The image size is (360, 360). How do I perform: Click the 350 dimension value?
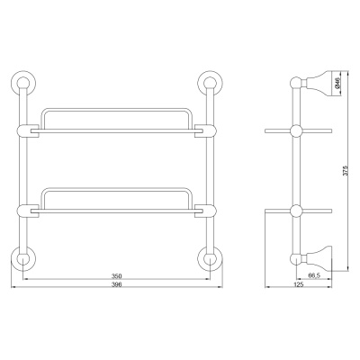(x=116, y=275)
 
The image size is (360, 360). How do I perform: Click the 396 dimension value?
(x=116, y=284)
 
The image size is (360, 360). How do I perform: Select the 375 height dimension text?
(x=345, y=171)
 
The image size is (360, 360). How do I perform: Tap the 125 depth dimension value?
(x=299, y=284)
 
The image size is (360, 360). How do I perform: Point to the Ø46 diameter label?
(x=337, y=83)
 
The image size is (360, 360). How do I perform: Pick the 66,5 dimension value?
(x=314, y=274)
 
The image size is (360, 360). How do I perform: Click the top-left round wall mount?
(x=23, y=83)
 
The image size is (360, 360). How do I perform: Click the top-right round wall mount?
(x=211, y=83)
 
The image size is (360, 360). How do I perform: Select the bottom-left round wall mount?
(x=23, y=259)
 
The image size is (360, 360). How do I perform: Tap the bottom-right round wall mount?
(x=211, y=259)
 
